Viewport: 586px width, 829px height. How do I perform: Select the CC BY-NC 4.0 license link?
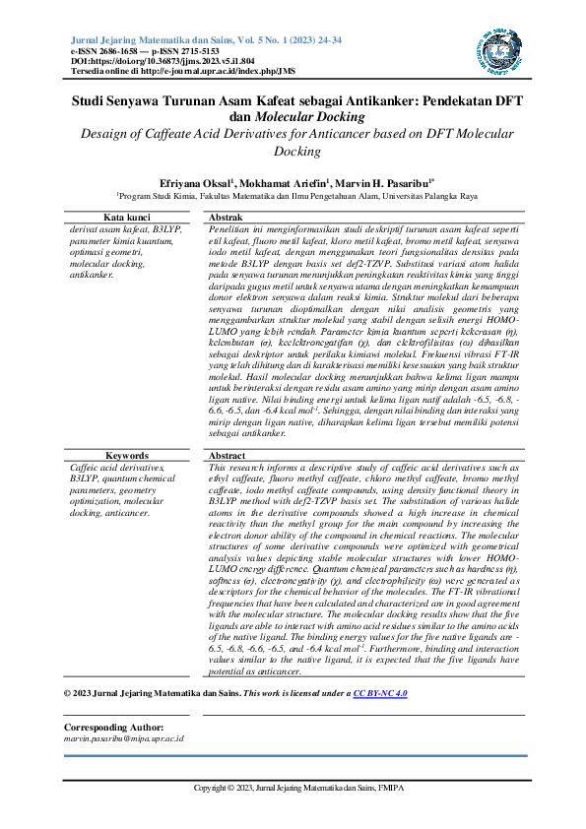(380, 694)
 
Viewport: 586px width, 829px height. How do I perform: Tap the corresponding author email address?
(123, 737)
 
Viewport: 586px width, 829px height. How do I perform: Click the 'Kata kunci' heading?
(127, 217)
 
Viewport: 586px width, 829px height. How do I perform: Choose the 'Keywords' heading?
(127, 456)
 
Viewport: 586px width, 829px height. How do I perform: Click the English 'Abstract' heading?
(228, 456)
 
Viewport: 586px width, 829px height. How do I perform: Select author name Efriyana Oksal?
(196, 183)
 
